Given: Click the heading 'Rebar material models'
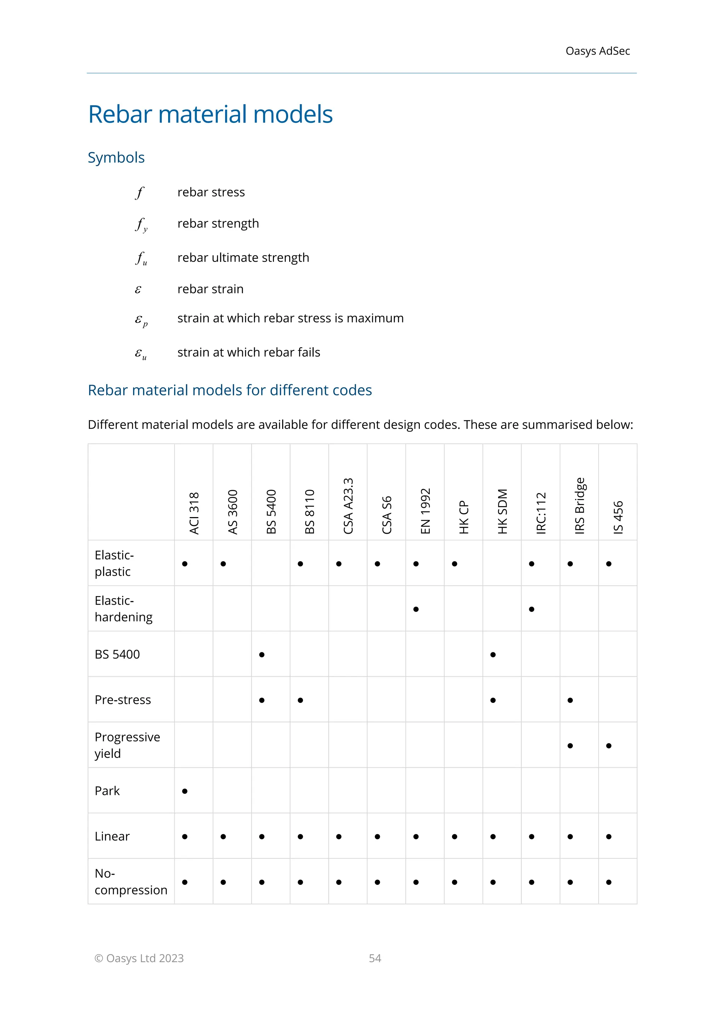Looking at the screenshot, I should coord(210,114).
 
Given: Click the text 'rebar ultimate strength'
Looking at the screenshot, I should coord(243,258).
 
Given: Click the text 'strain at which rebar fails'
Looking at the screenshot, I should coord(249,352).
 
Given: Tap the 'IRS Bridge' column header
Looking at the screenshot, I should coord(580,505).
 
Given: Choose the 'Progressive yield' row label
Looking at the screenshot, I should coord(127,745).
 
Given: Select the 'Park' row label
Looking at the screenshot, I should coord(107,791).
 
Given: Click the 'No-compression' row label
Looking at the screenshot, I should coord(131,882).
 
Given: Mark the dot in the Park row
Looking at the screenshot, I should coord(185,791).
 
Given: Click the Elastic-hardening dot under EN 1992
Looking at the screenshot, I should coord(416,609).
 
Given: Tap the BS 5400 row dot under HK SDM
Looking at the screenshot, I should coord(493,655).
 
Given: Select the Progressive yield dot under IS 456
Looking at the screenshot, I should coord(609,746).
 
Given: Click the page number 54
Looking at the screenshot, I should coord(375,958).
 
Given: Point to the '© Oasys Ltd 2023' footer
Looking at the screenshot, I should coord(139,958).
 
